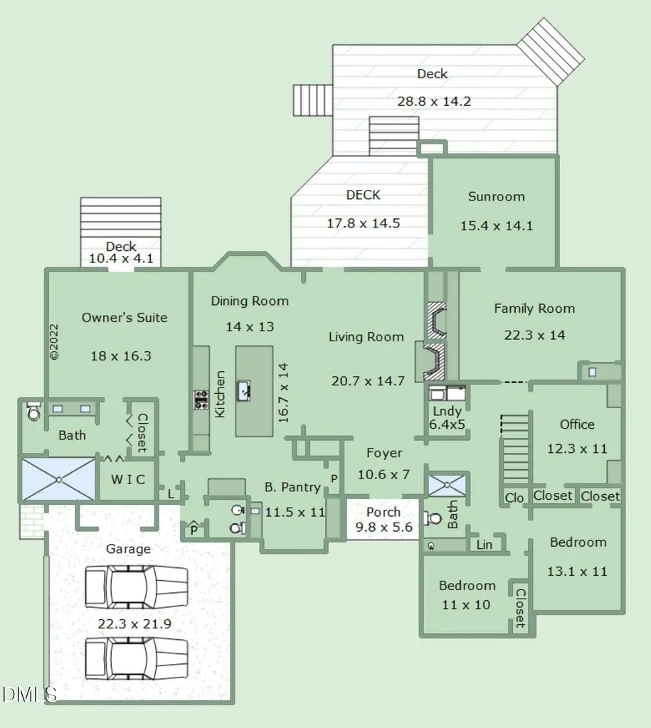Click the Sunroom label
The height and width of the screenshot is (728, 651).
point(497,196)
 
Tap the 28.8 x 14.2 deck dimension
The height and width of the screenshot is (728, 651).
point(434,101)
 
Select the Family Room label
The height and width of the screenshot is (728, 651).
point(534,309)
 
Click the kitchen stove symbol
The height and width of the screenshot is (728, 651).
point(201,400)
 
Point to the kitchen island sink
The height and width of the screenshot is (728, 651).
point(244,391)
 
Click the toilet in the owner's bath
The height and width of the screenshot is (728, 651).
point(33,411)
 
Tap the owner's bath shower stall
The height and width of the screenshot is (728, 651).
point(58,479)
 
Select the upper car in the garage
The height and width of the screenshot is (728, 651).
point(137,587)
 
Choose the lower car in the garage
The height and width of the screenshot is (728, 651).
point(137,659)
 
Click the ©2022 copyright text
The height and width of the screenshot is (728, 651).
point(54,342)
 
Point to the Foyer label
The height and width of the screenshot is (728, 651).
point(384,453)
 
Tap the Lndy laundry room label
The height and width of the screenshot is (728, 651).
point(447,412)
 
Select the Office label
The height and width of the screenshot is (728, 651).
point(577,424)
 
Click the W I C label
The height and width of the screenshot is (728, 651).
point(128,480)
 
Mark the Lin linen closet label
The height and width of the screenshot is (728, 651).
point(485,545)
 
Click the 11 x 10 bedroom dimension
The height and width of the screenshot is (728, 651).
point(466,605)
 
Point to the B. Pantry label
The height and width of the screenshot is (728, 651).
point(292,487)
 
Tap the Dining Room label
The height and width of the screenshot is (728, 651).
point(250,301)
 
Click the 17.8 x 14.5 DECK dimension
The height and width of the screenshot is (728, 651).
point(364,223)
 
